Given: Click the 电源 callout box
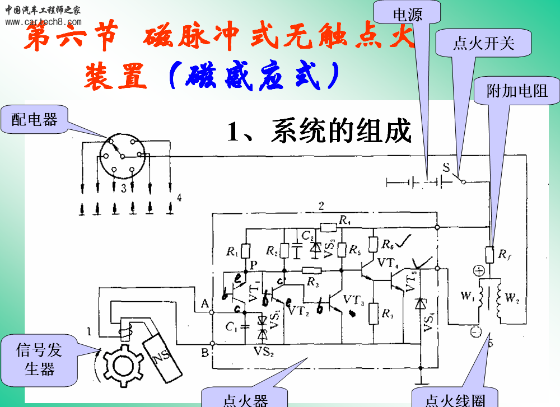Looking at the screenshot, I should [408, 15].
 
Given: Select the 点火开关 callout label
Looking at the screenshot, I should [483, 44].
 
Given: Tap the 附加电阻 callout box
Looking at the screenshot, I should [516, 90].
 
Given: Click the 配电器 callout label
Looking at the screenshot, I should [34, 119].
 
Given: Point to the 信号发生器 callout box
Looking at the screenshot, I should [39, 360].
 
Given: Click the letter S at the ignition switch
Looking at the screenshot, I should [446, 167].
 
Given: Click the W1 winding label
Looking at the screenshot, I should [467, 295].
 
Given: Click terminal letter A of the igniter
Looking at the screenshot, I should [205, 303].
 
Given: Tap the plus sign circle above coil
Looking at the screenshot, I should [479, 271].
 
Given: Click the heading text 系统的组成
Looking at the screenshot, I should [319, 131].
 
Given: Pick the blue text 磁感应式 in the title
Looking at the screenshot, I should [255, 77].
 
